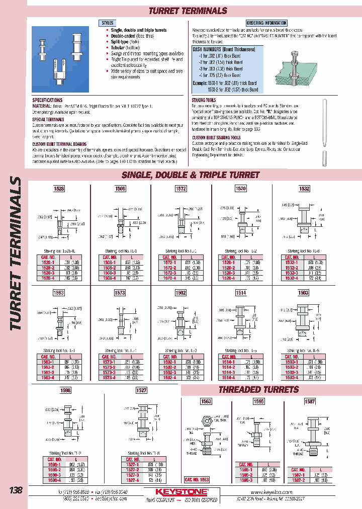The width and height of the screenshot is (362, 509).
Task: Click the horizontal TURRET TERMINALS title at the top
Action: [188, 11]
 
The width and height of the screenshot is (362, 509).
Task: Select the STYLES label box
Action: [108, 23]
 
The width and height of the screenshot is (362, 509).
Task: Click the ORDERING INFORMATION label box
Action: [266, 23]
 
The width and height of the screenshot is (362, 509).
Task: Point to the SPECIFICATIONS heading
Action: [47, 100]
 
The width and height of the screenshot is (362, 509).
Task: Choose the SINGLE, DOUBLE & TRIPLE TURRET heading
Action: [191, 175]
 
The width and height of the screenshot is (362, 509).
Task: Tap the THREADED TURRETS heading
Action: [258, 390]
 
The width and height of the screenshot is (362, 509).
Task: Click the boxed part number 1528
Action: [59, 189]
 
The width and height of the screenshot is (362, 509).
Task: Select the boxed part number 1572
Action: [180, 189]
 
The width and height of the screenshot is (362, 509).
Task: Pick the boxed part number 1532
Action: [304, 189]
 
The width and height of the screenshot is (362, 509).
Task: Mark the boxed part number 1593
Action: [59, 293]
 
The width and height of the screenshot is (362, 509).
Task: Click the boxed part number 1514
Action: [241, 293]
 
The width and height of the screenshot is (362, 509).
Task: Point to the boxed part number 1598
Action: [65, 390]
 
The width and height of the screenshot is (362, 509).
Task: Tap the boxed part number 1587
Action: [310, 401]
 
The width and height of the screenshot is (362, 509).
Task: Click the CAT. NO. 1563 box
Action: [197, 480]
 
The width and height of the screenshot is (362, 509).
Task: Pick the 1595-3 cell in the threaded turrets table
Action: [246, 480]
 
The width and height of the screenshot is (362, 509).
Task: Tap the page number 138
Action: [16, 490]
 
